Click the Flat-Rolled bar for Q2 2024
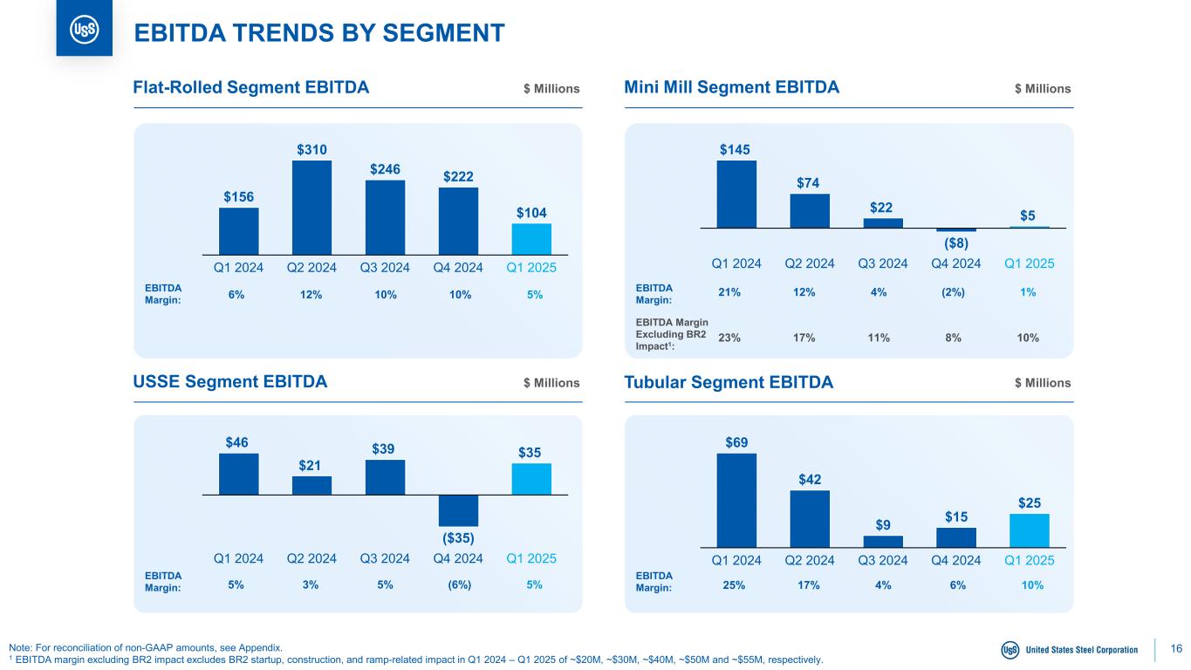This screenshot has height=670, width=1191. click(311, 206)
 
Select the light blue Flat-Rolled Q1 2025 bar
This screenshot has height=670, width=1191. click(531, 237)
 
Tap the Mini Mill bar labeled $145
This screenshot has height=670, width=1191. click(736, 194)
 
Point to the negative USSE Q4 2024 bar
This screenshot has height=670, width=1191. click(458, 510)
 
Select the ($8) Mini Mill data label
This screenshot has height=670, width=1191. click(956, 242)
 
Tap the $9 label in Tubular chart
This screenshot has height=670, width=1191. click(883, 524)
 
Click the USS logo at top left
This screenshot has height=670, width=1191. click(84, 30)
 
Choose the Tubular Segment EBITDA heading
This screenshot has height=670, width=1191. click(729, 382)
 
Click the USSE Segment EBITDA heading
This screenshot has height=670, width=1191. click(229, 382)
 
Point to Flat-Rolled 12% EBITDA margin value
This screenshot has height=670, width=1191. click(311, 296)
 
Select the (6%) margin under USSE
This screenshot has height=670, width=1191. click(458, 585)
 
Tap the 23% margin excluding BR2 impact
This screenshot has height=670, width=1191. click(729, 338)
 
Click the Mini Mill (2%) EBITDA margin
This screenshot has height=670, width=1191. click(956, 292)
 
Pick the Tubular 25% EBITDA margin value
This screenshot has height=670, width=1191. click(734, 585)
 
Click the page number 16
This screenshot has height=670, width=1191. click(1176, 648)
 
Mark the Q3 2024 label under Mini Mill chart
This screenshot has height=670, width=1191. click(883, 263)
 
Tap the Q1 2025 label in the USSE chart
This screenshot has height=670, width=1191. click(531, 558)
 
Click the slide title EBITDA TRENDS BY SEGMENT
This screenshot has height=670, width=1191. click(318, 32)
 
